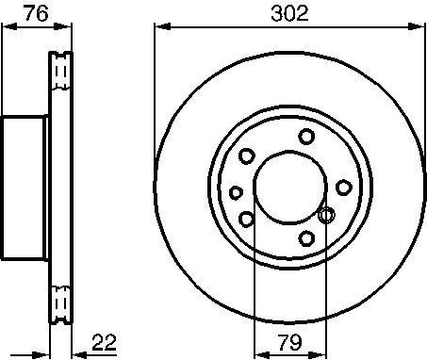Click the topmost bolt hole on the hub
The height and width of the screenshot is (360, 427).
pyautogui.click(x=306, y=137)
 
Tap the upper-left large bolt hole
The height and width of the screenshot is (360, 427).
pyautogui.click(x=247, y=156)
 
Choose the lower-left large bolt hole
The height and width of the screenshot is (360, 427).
pyautogui.click(x=247, y=219)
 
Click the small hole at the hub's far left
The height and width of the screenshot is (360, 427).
pyautogui.click(x=236, y=191)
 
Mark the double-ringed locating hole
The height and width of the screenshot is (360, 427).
pyautogui.click(x=326, y=216)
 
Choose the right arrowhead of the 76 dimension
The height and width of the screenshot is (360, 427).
pyautogui.click(x=69, y=29)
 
